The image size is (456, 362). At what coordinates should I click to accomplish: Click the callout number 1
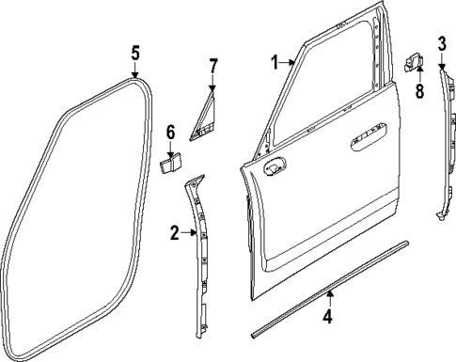tap(275, 63)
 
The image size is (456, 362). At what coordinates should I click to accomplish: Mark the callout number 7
tap(212, 66)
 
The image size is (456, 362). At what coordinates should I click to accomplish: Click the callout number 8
tap(420, 91)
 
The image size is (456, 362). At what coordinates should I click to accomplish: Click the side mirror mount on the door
tap(276, 166)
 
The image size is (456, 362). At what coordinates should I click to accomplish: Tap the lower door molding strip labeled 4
tap(329, 297)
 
